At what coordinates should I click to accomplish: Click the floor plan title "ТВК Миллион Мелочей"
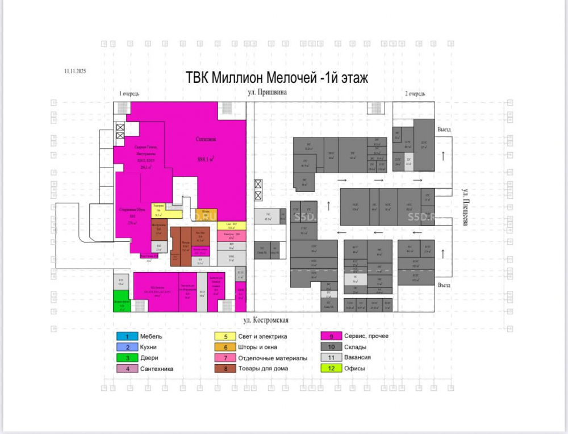click(277, 78)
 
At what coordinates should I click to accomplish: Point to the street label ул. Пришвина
click(266, 92)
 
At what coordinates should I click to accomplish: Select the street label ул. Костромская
click(267, 321)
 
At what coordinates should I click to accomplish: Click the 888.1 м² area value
click(206, 160)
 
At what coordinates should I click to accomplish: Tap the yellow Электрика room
click(158, 211)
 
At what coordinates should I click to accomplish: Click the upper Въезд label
click(444, 130)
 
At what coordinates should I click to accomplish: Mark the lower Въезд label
click(444, 285)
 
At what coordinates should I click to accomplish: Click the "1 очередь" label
click(129, 93)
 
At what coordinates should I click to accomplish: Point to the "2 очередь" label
click(415, 93)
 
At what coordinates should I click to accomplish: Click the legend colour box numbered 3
click(127, 358)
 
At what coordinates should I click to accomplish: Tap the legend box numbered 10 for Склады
click(330, 347)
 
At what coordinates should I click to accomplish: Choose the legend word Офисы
click(355, 369)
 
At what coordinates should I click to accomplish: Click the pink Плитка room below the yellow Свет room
click(231, 235)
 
